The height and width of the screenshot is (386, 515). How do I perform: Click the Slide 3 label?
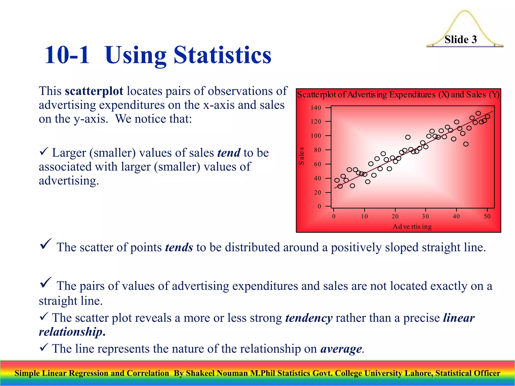pos(460,39)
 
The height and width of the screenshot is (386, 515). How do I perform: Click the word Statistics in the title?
pos(222,55)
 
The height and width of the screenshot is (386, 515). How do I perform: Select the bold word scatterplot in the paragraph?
pos(94,91)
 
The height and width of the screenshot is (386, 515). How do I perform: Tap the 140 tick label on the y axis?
pos(316,108)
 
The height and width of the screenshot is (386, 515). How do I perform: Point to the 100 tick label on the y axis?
pos(316,136)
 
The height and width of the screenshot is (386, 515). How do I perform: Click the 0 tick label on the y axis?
pos(319,207)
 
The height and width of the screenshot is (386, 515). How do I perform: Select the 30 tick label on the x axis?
pos(425,216)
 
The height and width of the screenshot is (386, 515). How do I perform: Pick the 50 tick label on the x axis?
pos(487,216)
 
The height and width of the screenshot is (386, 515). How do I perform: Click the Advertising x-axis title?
pos(412,227)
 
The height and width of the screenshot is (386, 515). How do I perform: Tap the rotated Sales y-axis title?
pos(301,156)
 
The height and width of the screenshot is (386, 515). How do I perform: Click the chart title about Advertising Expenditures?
pos(398,95)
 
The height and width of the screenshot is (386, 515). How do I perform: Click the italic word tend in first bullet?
pos(229,153)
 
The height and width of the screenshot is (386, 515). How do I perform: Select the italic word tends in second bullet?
pos(179,248)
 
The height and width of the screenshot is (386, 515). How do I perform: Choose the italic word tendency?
pos(309,318)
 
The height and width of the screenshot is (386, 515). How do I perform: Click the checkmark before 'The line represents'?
pos(44,348)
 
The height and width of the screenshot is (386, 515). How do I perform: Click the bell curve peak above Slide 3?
pos(465,11)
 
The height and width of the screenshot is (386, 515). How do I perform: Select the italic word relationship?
pos(71,332)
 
